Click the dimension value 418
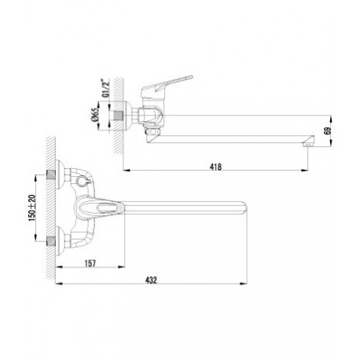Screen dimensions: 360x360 tap(215, 167)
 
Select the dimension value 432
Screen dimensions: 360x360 tap(151, 280)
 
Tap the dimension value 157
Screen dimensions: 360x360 tap(90, 263)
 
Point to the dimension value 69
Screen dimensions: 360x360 tap(328, 130)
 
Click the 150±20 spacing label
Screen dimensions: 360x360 tap(32, 208)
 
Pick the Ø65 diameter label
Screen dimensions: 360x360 tap(94, 116)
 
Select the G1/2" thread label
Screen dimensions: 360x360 tap(105, 88)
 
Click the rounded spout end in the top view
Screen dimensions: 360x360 tap(243, 208)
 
